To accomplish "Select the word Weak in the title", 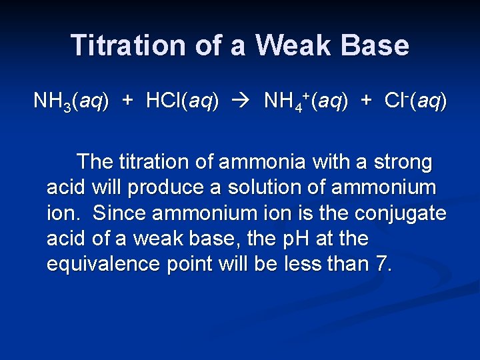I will [x=293, y=45].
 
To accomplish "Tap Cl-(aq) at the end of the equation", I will [x=415, y=101].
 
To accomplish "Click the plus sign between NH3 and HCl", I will [x=127, y=101].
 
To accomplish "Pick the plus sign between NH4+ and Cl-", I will [x=366, y=101].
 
